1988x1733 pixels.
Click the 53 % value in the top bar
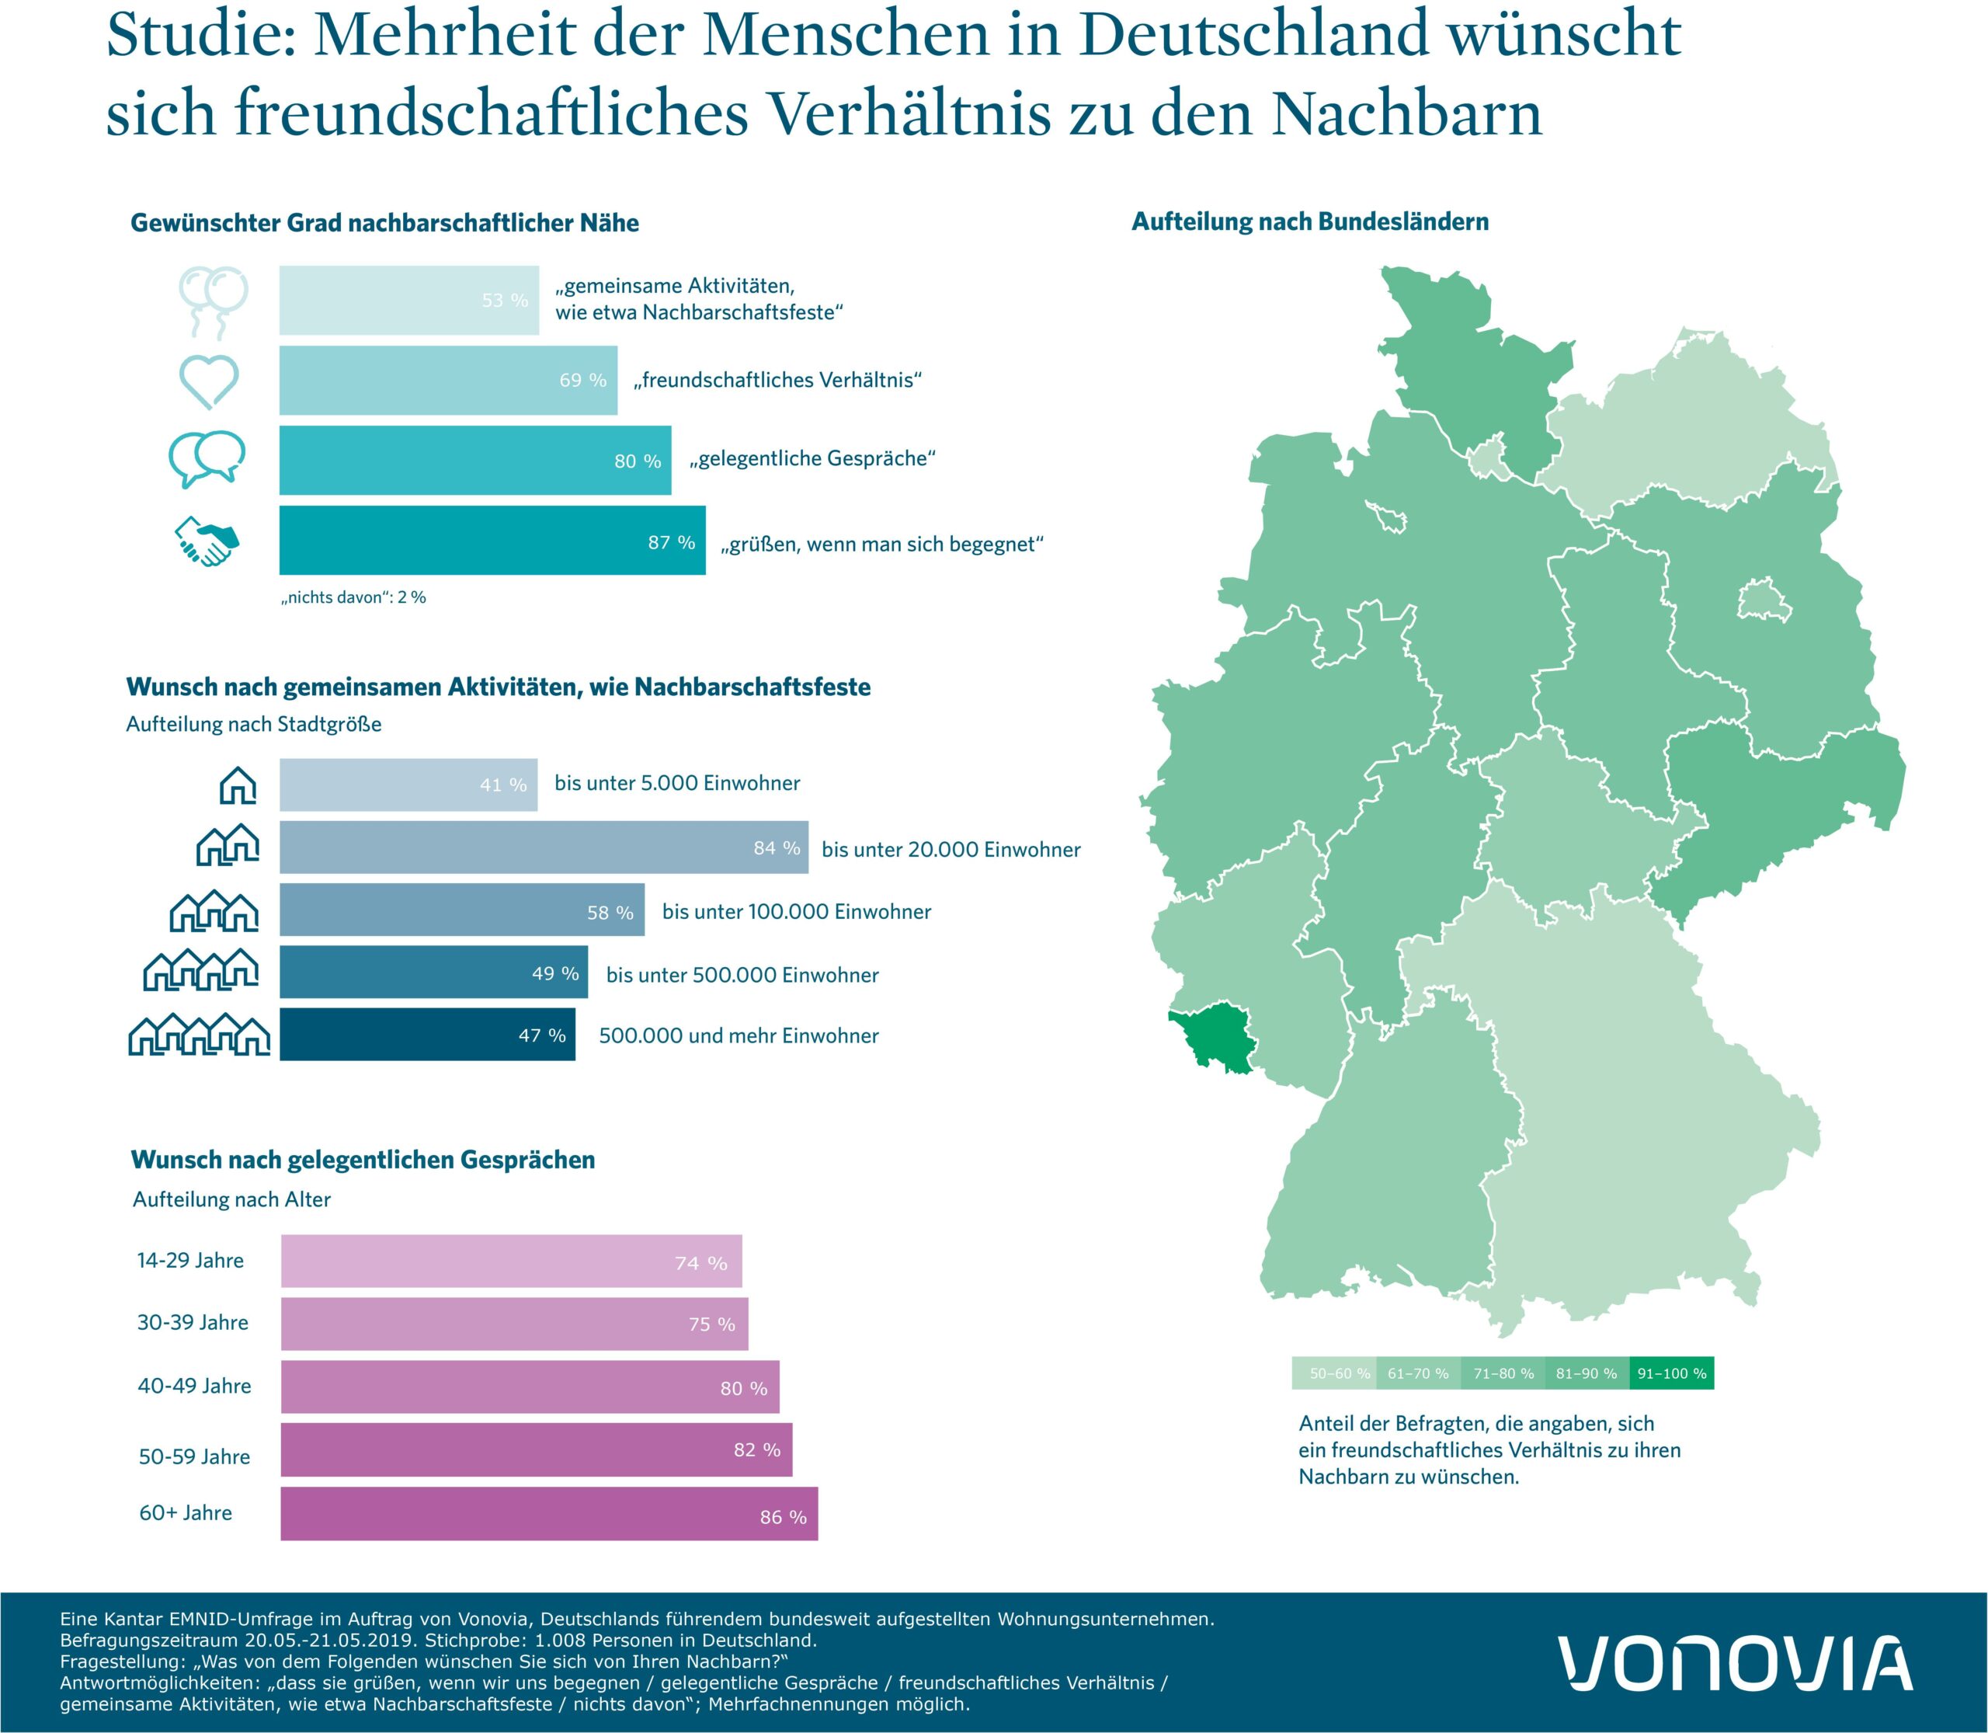click(x=505, y=301)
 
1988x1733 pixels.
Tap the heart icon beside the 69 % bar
click(x=209, y=381)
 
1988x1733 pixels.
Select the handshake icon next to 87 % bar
click(x=206, y=541)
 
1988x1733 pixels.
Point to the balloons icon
click(x=214, y=301)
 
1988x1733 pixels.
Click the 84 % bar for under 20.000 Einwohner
click(x=544, y=847)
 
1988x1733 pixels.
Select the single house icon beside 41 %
click(x=238, y=785)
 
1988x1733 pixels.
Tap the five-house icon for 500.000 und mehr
click(x=199, y=1035)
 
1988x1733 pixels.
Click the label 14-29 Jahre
click(x=190, y=1260)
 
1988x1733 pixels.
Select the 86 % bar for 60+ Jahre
click(x=548, y=1513)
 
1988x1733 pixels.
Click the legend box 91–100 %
click(x=1671, y=1373)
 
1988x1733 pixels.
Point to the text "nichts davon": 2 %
click(x=354, y=597)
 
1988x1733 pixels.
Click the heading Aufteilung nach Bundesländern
click(x=1309, y=221)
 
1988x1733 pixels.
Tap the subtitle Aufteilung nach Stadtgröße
click(x=253, y=724)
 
